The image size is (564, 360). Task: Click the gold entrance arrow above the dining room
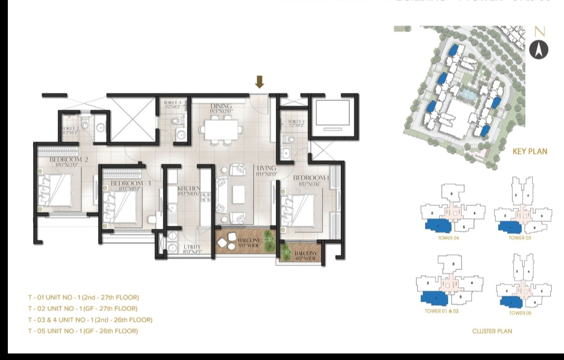[260, 82]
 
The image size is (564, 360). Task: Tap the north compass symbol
[539, 49]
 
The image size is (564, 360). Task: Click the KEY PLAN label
[530, 152]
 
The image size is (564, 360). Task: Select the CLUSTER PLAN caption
[492, 331]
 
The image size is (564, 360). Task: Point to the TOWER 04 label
[449, 238]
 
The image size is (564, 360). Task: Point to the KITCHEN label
[189, 189]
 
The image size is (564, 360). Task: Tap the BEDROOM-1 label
[313, 178]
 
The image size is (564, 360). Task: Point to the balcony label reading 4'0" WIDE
[305, 255]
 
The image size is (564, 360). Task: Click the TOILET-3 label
[172, 103]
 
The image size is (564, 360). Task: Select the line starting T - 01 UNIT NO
[84, 297]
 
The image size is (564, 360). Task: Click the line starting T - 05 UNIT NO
[83, 331]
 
